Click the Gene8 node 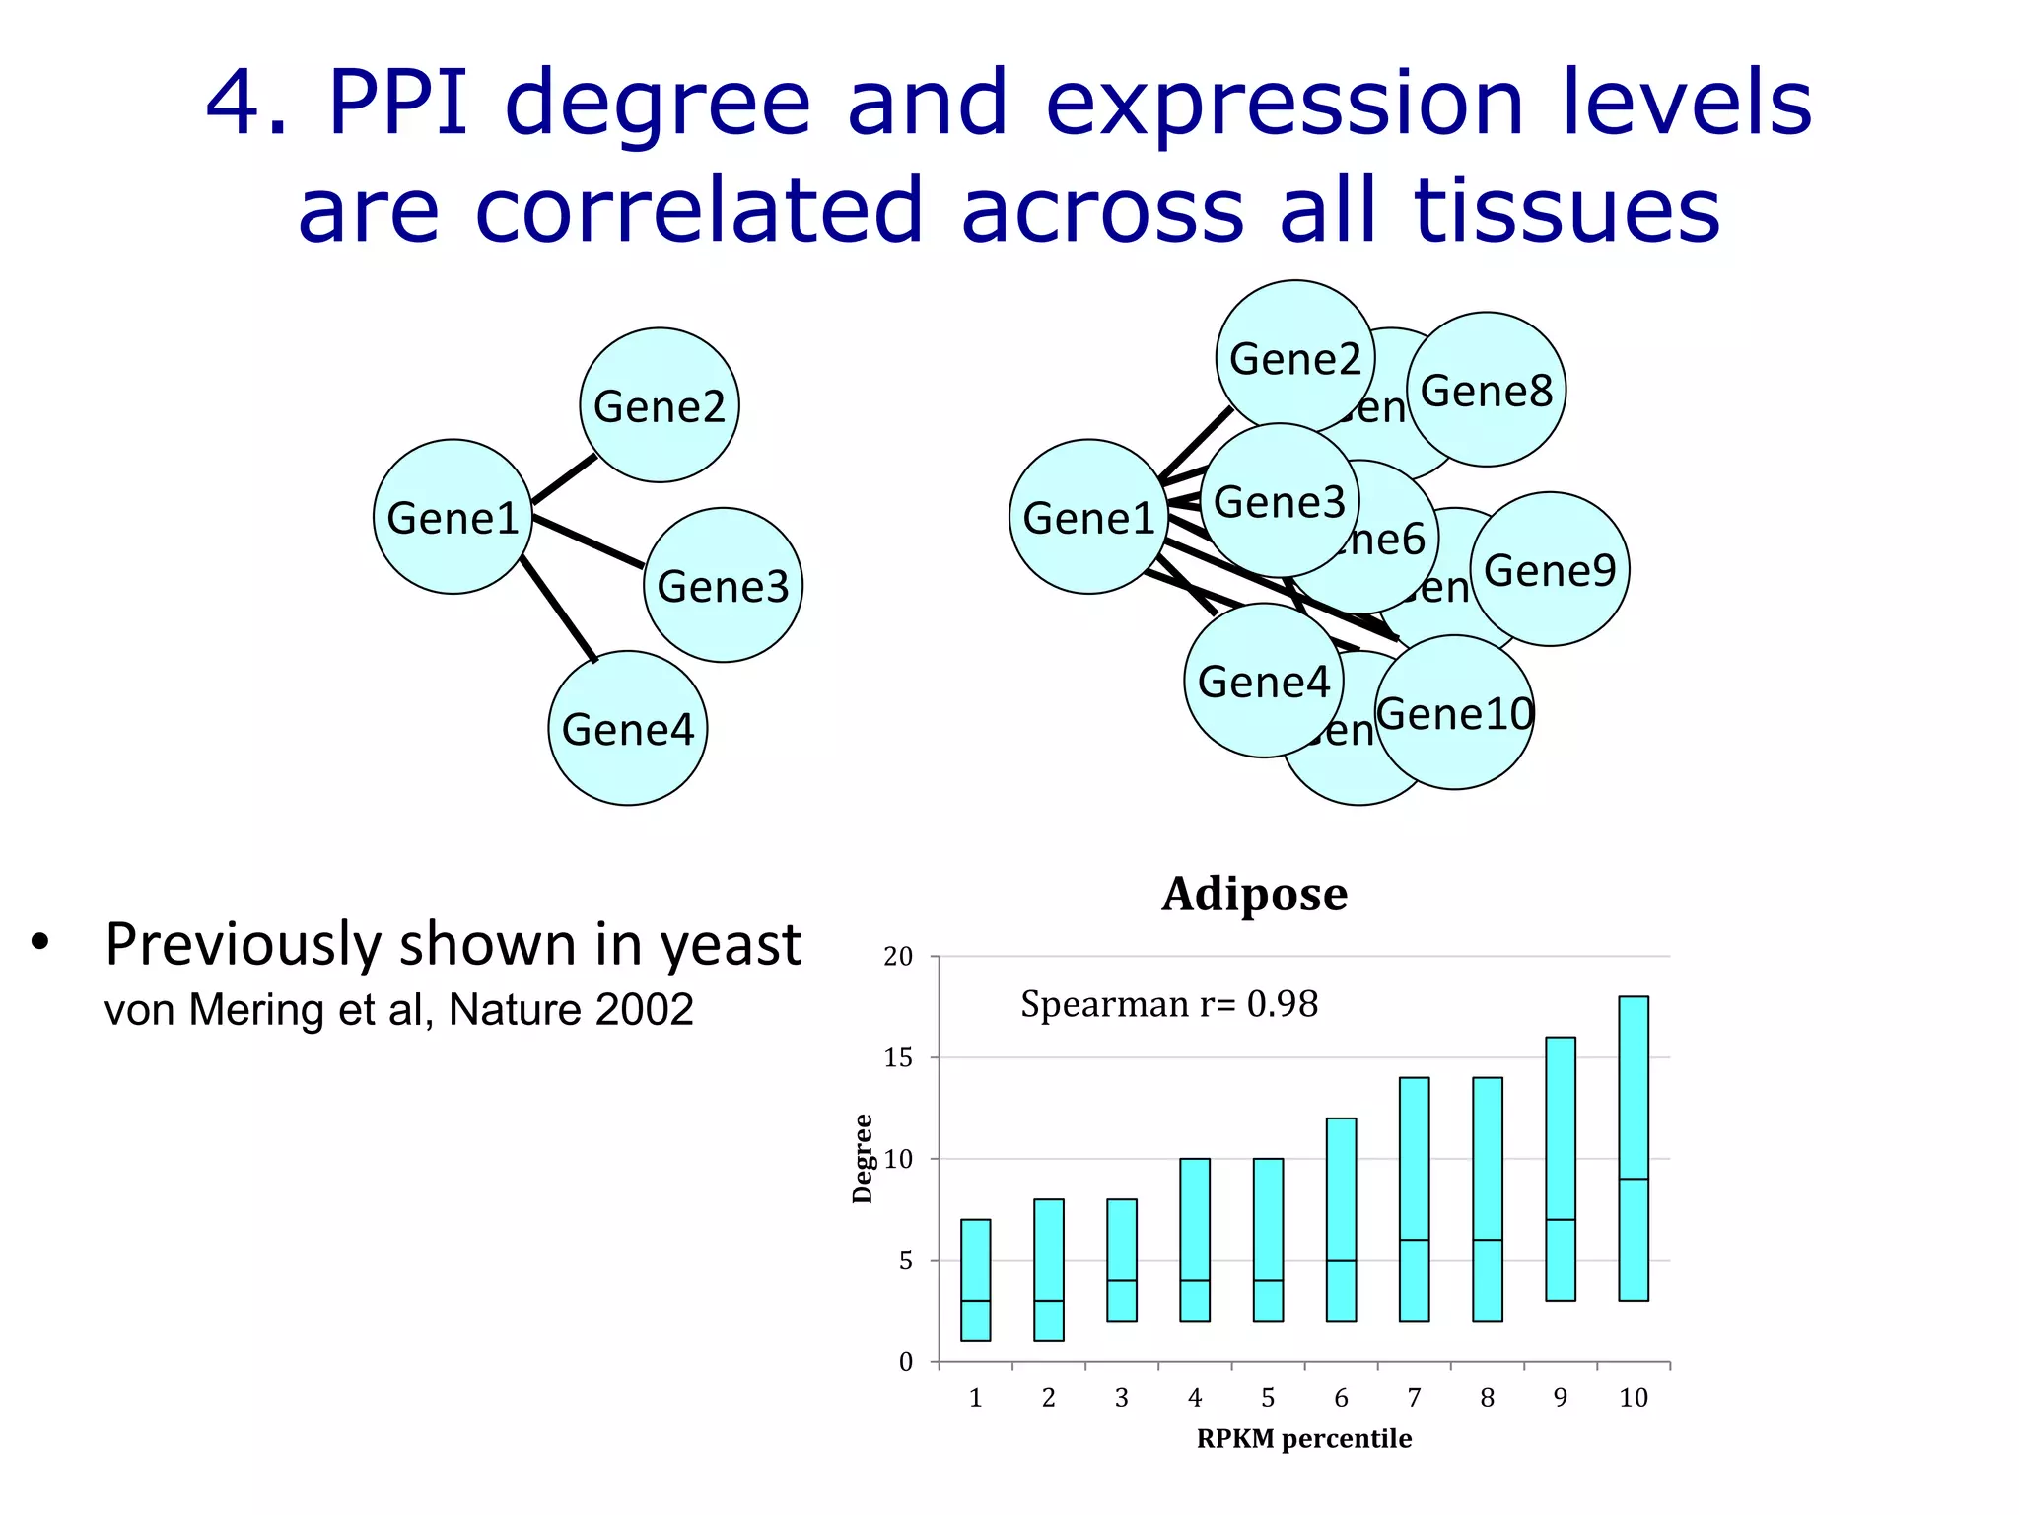click(x=1486, y=391)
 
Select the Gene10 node click(x=1455, y=713)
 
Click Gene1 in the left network click(x=453, y=517)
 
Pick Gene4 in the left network click(x=628, y=729)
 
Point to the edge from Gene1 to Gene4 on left click(x=559, y=609)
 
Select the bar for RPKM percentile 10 click(x=1633, y=1148)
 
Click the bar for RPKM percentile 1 click(x=975, y=1280)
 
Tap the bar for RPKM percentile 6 click(x=1341, y=1219)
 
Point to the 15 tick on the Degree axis click(x=898, y=1058)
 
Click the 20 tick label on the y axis click(x=898, y=957)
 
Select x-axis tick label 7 click(x=1414, y=1398)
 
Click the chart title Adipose click(x=1254, y=895)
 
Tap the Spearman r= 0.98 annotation click(x=1169, y=1004)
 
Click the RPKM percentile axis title click(x=1303, y=1439)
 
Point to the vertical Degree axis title click(x=863, y=1159)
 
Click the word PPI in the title click(x=397, y=103)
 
